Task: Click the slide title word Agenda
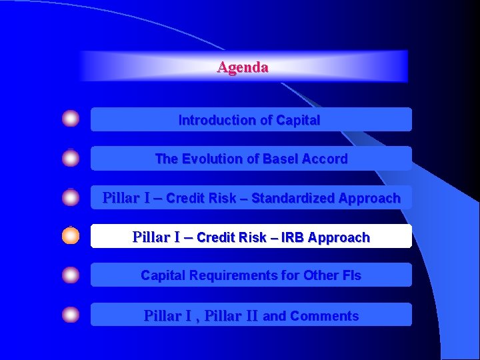coord(243,67)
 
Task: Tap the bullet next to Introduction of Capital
coord(71,119)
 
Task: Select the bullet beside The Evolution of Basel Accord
coord(71,159)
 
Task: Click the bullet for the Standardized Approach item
coord(71,198)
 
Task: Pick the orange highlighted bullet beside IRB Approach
coord(71,236)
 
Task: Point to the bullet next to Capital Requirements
coord(71,275)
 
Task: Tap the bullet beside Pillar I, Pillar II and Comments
coord(71,315)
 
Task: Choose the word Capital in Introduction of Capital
coord(298,121)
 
